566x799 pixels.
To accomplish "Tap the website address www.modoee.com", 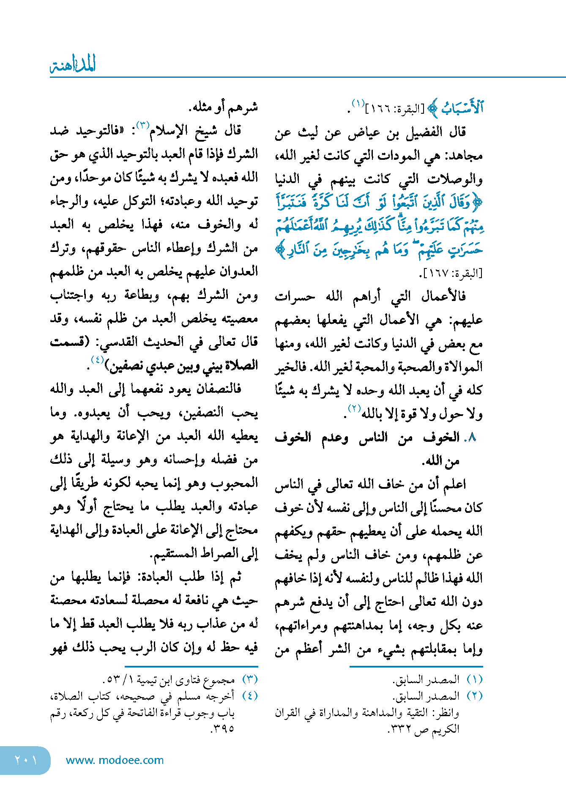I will [115, 760].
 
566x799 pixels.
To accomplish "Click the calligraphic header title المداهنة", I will [73, 65].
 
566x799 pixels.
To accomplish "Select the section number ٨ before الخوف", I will [473, 438].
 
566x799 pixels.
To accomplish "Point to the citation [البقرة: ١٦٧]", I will [451, 274].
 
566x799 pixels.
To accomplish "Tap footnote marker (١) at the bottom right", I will [474, 680].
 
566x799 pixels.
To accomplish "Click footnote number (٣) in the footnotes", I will [250, 680].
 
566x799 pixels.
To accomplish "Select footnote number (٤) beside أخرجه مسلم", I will [250, 696].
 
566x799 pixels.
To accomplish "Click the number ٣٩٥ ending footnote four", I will [223, 728].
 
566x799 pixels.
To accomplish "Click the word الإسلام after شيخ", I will [170, 131].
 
